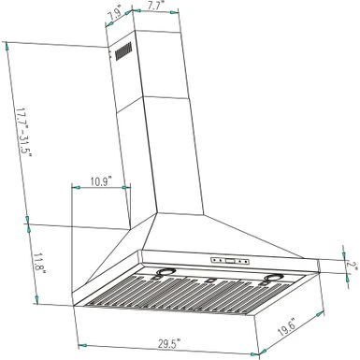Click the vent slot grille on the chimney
[x=122, y=56]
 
